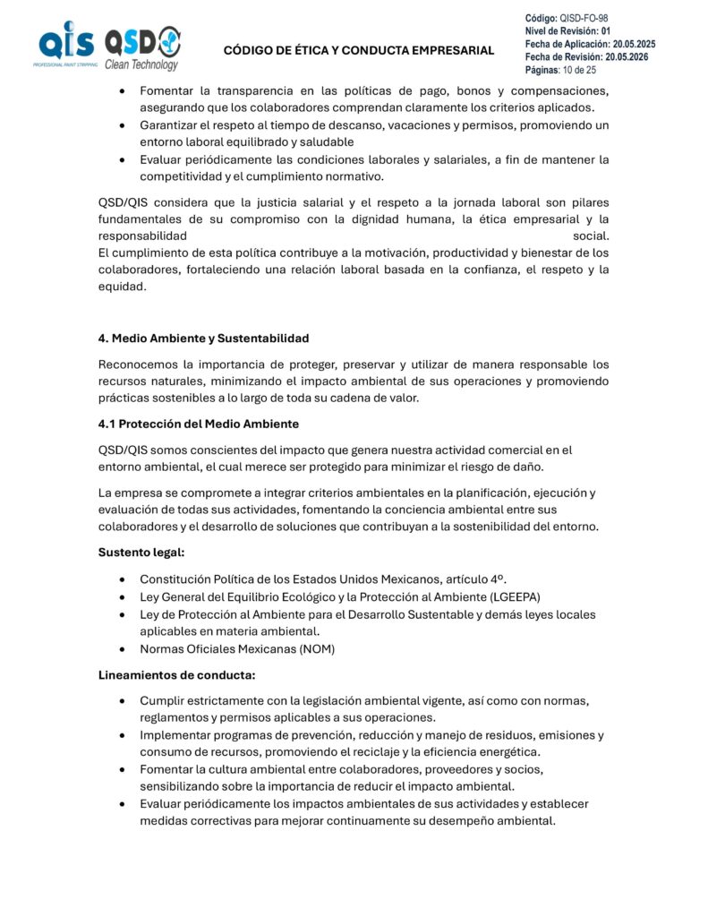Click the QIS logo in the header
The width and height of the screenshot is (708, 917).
tap(64, 45)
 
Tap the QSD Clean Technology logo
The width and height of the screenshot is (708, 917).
tap(142, 48)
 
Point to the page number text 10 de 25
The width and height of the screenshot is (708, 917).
tap(579, 70)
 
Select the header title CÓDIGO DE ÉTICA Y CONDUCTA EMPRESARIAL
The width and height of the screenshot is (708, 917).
tap(358, 50)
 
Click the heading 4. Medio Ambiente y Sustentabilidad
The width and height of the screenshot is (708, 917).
tap(203, 339)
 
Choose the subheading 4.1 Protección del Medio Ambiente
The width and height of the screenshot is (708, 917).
tap(198, 424)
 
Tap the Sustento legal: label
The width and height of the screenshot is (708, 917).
tap(141, 553)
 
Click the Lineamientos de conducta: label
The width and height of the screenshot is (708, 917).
tap(176, 674)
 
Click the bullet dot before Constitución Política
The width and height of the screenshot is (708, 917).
tap(121, 579)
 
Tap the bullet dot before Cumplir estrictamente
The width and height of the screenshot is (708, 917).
tap(121, 701)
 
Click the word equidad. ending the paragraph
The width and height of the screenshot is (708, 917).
tap(122, 287)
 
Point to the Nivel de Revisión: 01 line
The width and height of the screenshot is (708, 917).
tap(567, 31)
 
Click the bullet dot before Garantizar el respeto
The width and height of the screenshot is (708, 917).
tap(121, 125)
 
